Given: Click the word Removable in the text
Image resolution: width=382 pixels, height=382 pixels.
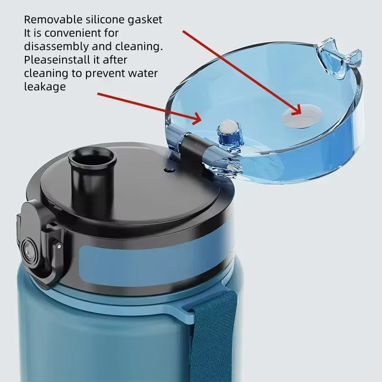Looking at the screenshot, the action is pyautogui.click(x=53, y=20).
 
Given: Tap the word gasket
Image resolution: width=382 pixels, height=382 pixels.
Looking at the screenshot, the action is pyautogui.click(x=145, y=20).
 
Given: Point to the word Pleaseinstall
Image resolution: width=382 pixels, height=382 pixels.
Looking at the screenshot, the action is pyautogui.click(x=57, y=60).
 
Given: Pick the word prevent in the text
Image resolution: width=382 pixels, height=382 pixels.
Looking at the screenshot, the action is pyautogui.click(x=106, y=74).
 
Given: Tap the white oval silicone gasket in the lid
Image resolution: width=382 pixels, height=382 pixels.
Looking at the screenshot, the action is pyautogui.click(x=302, y=116).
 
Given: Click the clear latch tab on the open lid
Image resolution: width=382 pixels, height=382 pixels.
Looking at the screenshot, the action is pyautogui.click(x=339, y=58).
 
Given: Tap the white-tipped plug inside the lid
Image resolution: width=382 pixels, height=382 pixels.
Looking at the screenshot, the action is pyautogui.click(x=230, y=132).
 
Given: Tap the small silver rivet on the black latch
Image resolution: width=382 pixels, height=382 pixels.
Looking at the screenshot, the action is pyautogui.click(x=59, y=246).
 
